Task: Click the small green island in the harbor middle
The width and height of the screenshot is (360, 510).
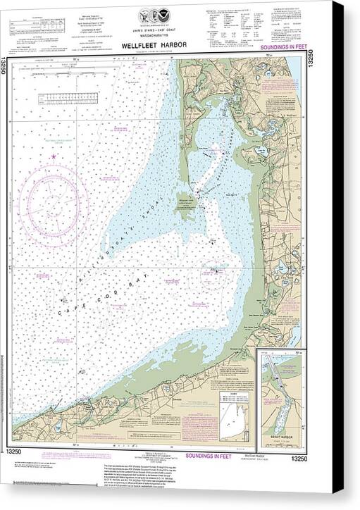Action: coord(184,205)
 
